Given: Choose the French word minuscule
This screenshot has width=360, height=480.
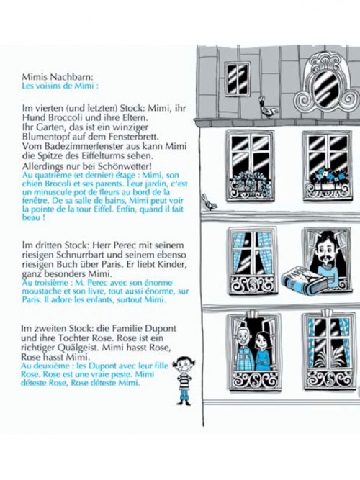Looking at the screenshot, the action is pyautogui.click(x=51, y=192).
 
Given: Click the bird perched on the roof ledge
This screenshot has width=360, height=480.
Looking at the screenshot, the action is pyautogui.click(x=267, y=107).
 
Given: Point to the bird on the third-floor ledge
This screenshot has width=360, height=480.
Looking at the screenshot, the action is pyautogui.click(x=210, y=202).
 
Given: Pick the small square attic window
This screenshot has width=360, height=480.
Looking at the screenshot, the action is pyautogui.click(x=238, y=79).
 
